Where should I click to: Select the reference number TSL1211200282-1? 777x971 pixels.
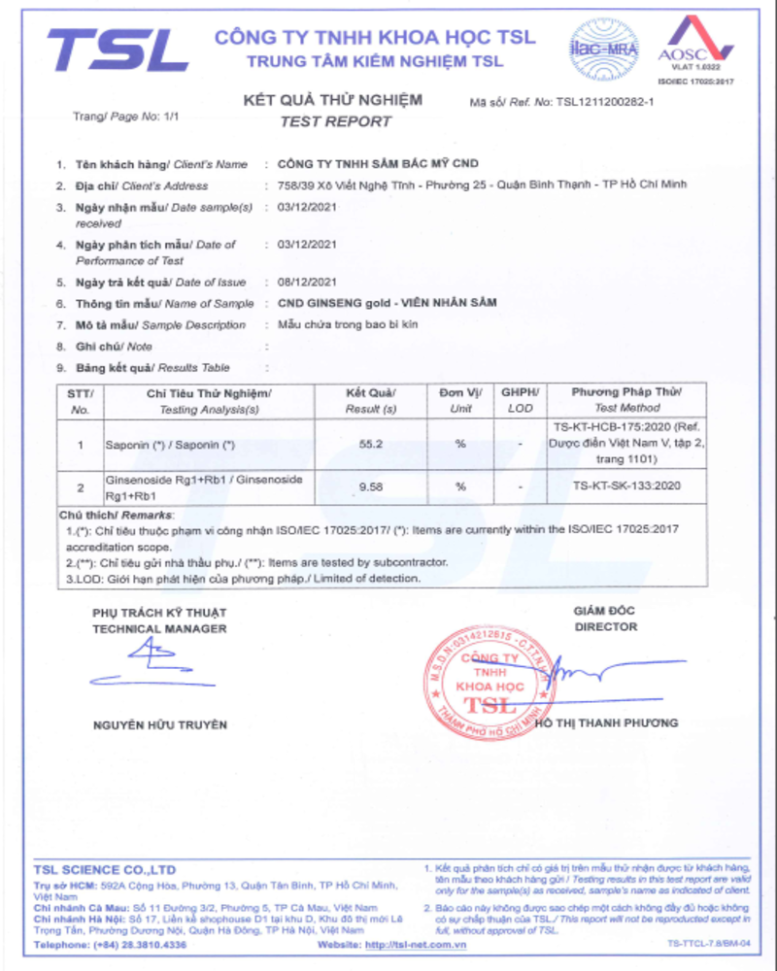pyautogui.click(x=604, y=101)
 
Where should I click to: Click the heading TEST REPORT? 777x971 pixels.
pyautogui.click(x=335, y=121)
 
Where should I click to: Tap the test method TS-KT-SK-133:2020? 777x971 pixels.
pyautogui.click(x=625, y=486)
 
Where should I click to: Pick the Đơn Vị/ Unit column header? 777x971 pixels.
pyautogui.click(x=460, y=400)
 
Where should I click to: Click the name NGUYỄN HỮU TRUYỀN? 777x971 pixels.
pyautogui.click(x=160, y=724)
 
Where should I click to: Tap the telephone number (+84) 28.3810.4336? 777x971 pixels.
pyautogui.click(x=137, y=944)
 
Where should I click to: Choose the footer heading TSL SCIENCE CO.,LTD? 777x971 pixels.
pyautogui.click(x=105, y=869)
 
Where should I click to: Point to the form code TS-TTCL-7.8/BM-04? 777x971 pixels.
pyautogui.click(x=708, y=944)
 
